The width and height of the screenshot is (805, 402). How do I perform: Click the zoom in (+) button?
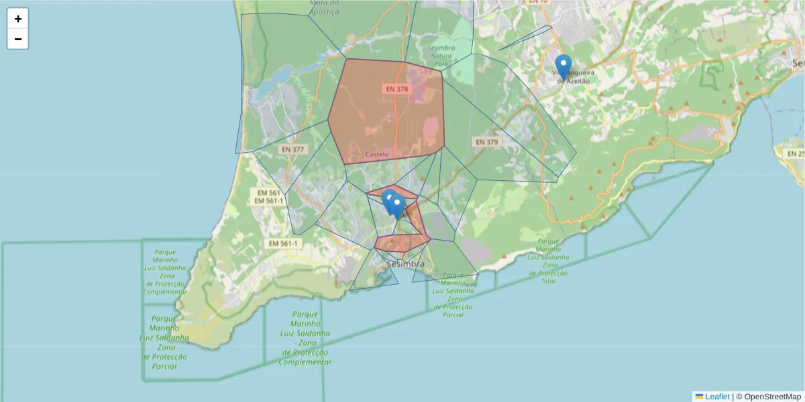coord(18,19)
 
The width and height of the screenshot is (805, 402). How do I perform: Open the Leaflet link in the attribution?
coord(717,397)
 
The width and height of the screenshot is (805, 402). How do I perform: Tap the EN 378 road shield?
coord(396,88)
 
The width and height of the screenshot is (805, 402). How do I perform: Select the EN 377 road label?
coord(292,149)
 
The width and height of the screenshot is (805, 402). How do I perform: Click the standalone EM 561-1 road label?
coord(283,243)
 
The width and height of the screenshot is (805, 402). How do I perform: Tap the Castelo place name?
coord(376,154)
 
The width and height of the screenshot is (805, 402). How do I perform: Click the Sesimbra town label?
coord(405,265)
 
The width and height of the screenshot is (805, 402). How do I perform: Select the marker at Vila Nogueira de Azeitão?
coord(563,67)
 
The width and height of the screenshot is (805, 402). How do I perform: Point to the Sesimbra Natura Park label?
coord(440,56)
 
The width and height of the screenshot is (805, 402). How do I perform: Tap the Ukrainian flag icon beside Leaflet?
coord(699,397)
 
